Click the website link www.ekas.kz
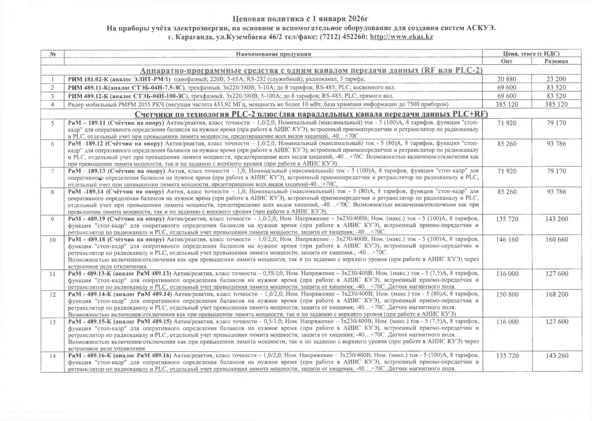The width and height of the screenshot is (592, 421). click(401, 37)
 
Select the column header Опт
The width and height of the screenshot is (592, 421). click(510, 61)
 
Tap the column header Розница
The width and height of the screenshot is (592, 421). click(556, 61)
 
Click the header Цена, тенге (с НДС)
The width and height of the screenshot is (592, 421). click(531, 54)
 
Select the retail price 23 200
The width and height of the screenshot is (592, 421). click(557, 78)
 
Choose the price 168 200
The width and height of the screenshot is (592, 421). click(557, 294)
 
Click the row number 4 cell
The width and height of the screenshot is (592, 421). click(53, 104)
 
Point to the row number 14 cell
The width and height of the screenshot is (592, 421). click(53, 356)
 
